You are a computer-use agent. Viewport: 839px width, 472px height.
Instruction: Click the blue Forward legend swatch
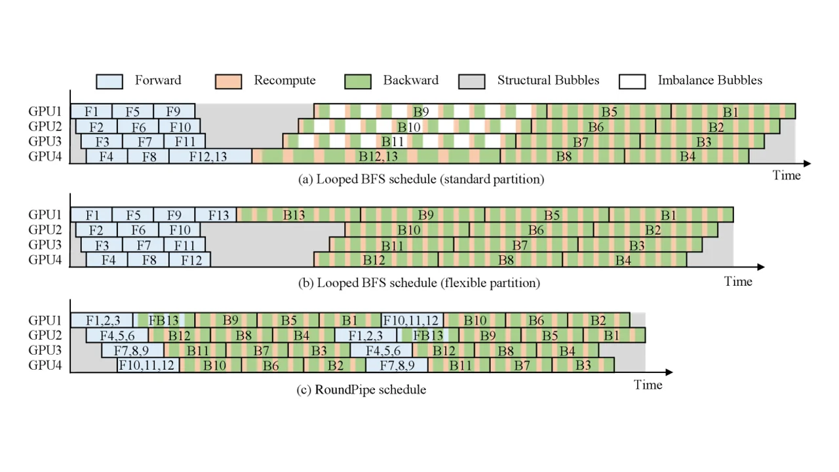click(109, 81)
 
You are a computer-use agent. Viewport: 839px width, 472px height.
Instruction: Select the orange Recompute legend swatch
click(229, 81)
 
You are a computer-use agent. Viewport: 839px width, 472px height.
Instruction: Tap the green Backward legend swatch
click(358, 81)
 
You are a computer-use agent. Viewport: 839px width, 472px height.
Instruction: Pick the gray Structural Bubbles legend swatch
click(472, 81)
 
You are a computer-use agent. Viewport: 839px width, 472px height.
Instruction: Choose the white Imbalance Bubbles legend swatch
click(633, 81)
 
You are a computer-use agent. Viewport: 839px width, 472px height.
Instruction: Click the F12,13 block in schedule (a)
click(210, 156)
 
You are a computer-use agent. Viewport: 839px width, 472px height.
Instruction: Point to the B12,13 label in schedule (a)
click(378, 156)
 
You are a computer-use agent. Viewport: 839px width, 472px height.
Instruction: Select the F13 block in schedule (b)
click(216, 214)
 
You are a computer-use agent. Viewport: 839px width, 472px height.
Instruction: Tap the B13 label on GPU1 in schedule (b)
click(294, 215)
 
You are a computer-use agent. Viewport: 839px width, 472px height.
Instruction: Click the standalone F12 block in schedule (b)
click(190, 260)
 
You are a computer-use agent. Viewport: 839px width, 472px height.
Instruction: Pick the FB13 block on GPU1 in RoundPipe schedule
click(164, 321)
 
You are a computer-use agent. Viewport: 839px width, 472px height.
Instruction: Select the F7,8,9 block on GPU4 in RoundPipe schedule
click(397, 365)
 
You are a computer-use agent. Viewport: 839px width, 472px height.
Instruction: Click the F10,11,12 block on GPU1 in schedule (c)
click(412, 321)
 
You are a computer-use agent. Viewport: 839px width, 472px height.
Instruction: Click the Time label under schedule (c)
click(648, 385)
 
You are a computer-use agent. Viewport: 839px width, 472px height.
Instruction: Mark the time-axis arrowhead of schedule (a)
click(807, 164)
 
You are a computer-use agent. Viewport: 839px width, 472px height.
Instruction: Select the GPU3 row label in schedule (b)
click(45, 245)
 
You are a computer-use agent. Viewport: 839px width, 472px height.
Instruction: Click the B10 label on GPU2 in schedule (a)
click(408, 127)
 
